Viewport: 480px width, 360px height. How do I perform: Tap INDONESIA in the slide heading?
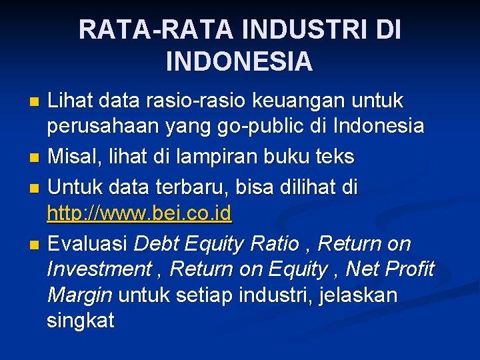[239, 61]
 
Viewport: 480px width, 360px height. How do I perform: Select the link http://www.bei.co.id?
[139, 214]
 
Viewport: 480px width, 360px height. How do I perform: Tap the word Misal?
[75, 157]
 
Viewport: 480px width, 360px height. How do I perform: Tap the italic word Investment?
[99, 269]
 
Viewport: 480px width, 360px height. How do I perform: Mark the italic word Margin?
[79, 295]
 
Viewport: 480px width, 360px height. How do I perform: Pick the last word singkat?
[80, 320]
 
